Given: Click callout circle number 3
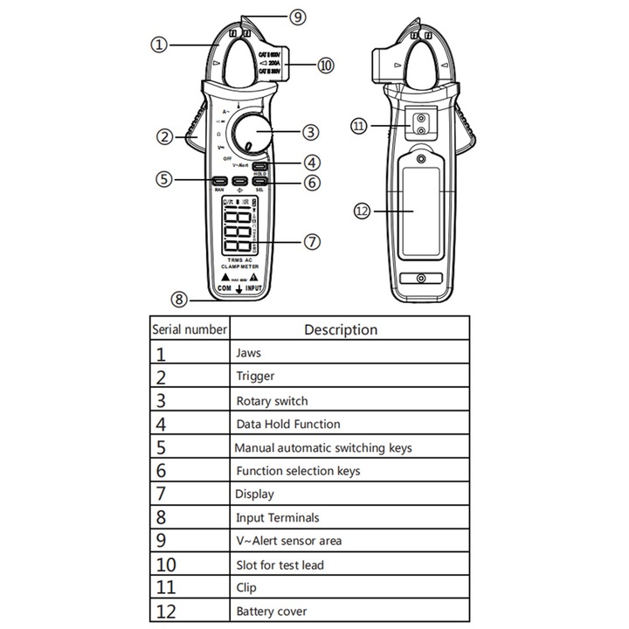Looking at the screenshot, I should click(312, 133).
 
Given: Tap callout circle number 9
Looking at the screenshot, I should click(298, 17).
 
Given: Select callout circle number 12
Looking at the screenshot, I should click(361, 211).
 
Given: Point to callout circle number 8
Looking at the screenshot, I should click(179, 300).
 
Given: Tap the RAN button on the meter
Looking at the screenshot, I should click(218, 182).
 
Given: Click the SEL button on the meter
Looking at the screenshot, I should click(259, 182).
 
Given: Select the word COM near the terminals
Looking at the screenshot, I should click(224, 287).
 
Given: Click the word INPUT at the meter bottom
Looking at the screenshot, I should click(253, 287).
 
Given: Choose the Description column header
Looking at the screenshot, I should click(341, 329).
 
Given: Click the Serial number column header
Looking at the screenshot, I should click(190, 329).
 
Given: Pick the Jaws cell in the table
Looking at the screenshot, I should click(248, 354).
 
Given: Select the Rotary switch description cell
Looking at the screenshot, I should click(272, 401).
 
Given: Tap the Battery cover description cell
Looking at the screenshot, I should click(272, 612).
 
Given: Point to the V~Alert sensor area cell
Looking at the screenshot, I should click(289, 541).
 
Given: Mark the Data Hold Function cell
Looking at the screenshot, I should click(288, 424).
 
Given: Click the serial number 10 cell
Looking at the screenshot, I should click(166, 564).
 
